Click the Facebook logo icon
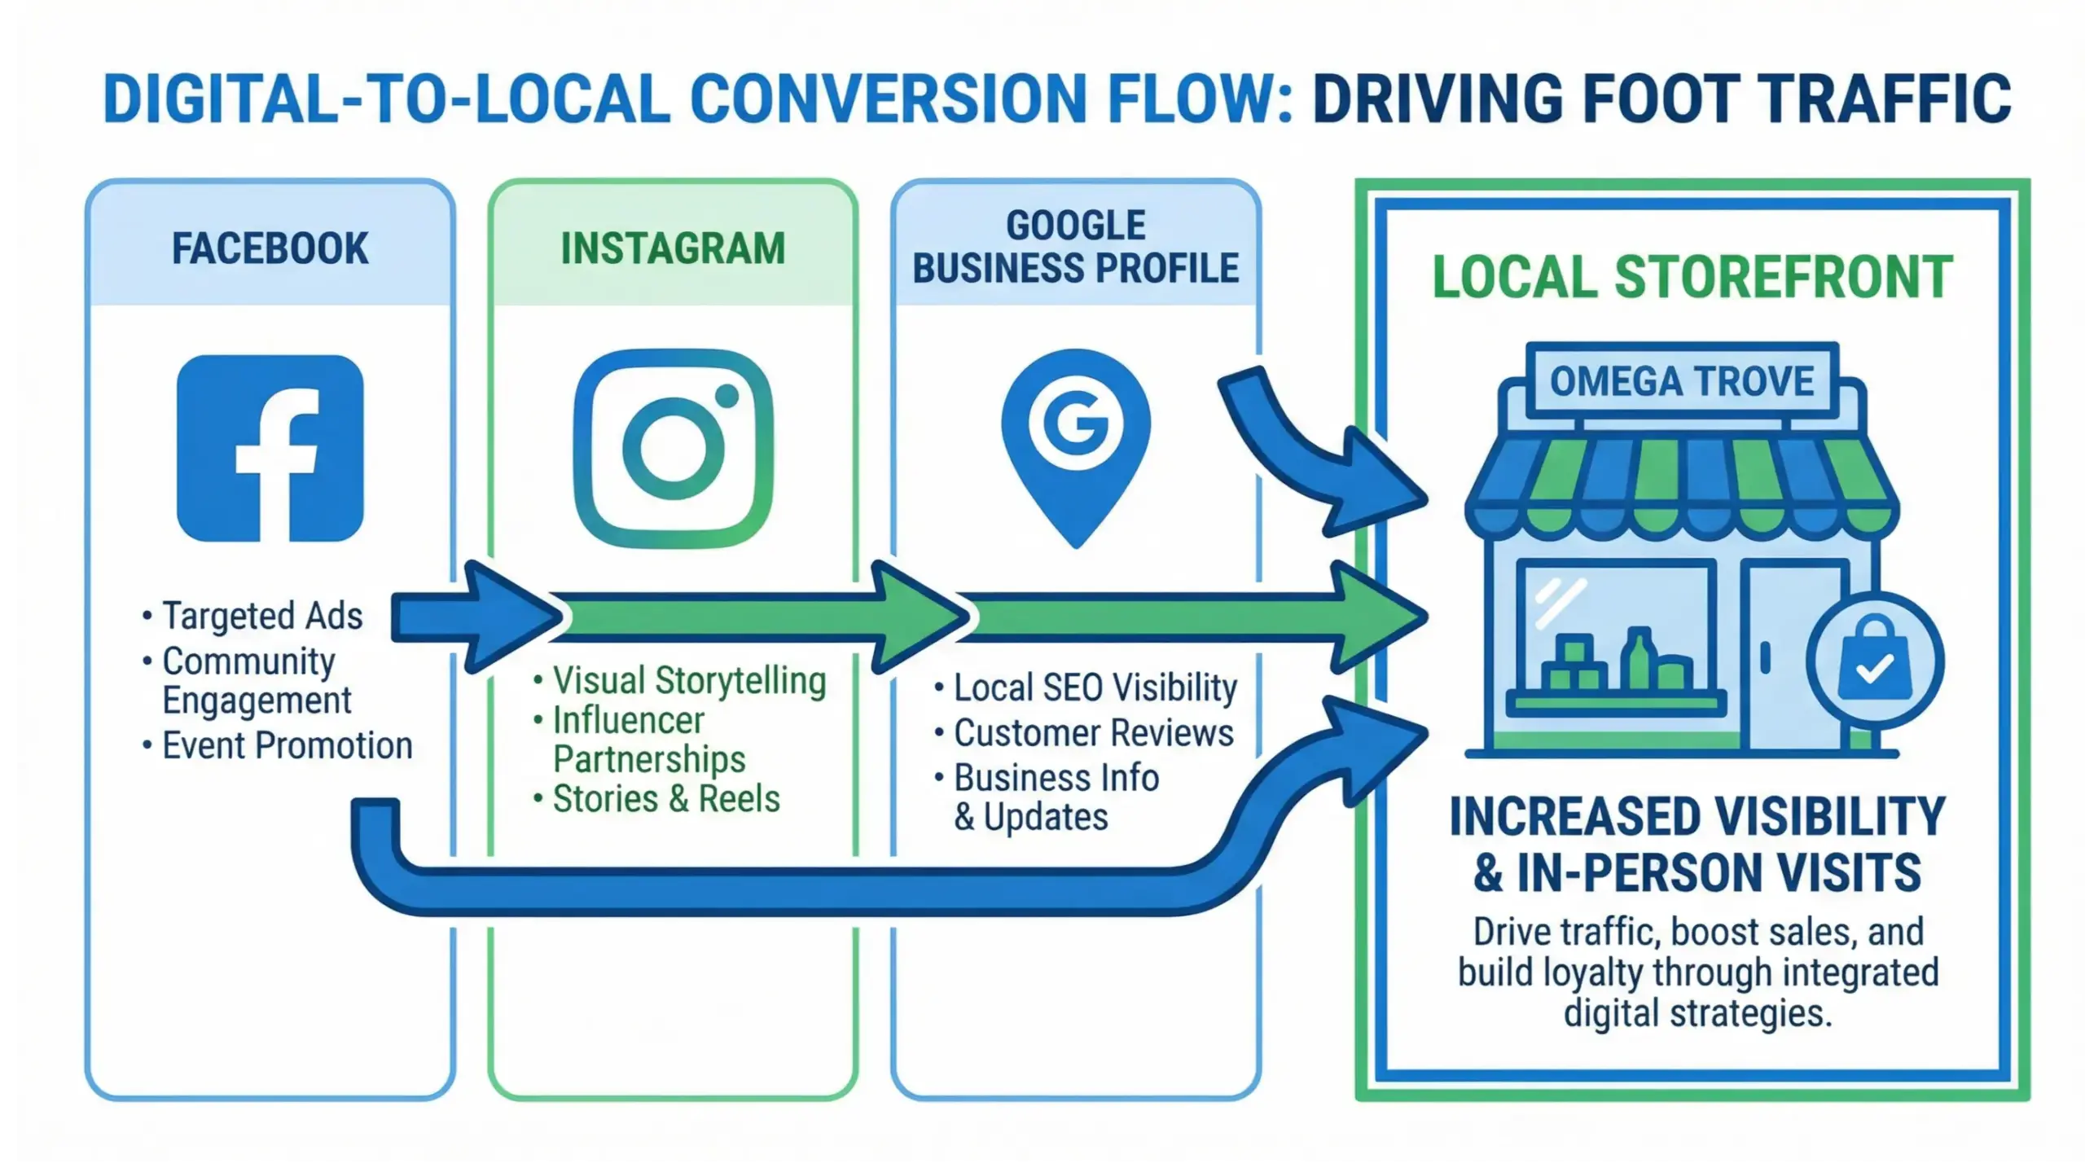coord(270,448)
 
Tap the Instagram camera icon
coord(673,448)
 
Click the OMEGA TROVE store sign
coord(1681,381)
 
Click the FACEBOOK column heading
coord(270,248)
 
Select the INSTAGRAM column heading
coord(673,248)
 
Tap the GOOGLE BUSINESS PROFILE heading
coord(1075,247)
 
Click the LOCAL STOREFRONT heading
coord(1692,278)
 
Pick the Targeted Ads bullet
coord(261,616)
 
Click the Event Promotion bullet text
coord(287,745)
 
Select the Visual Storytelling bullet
coord(689,681)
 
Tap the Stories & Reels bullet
coord(665,799)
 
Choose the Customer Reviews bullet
coord(1093,733)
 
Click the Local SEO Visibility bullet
coord(1095,688)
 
